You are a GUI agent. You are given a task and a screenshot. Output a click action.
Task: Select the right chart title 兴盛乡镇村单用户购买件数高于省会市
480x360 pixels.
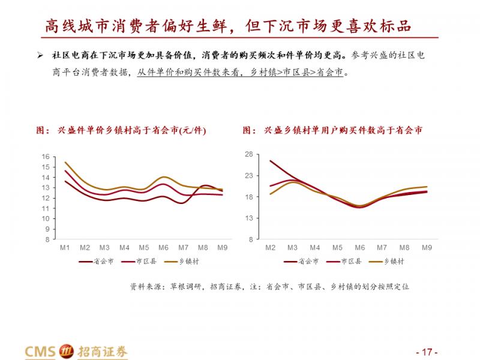pos(332,130)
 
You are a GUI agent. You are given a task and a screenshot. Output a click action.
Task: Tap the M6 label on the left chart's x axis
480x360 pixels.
pos(163,247)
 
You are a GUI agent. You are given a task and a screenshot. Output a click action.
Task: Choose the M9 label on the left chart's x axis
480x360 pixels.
pos(222,247)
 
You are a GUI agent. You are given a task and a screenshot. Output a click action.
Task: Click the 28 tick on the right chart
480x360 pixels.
pos(250,154)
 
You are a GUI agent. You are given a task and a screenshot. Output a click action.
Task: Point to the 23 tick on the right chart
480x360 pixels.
pos(250,175)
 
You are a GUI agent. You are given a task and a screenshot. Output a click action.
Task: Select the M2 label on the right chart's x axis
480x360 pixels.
pos(271,247)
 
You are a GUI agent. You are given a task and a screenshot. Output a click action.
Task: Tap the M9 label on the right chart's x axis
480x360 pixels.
pos(427,247)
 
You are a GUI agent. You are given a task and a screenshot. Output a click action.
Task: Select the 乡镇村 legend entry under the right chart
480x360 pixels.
pos(394,262)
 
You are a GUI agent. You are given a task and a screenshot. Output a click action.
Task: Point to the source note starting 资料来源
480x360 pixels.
pos(269,287)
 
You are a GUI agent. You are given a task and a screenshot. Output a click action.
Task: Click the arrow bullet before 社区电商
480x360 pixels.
pos(40,56)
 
